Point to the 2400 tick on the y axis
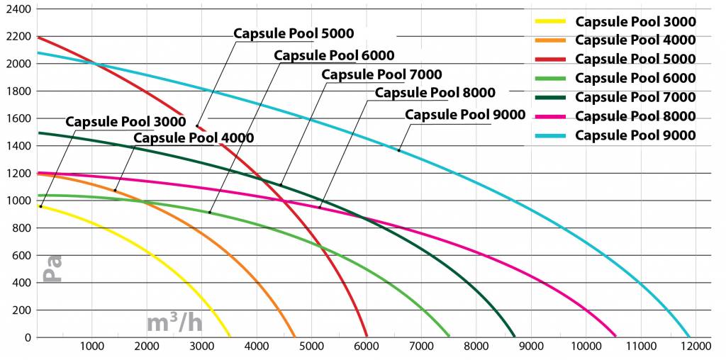(18, 9)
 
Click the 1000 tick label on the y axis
(18, 201)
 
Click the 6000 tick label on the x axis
(366, 347)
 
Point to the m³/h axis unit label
(174, 323)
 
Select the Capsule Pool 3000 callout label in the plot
(125, 121)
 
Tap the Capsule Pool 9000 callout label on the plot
(464, 114)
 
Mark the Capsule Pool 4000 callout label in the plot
(193, 137)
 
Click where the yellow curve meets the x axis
(230, 337)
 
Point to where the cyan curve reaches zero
(689, 337)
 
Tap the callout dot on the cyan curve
(398, 150)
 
